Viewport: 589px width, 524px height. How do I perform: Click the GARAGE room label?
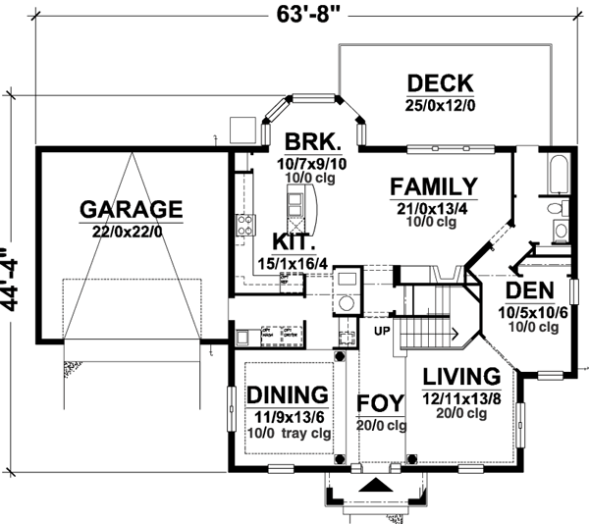[131, 209]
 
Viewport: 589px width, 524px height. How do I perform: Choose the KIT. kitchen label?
[294, 241]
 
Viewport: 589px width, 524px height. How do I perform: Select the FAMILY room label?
[433, 186]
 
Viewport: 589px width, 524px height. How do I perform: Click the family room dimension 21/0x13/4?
[433, 208]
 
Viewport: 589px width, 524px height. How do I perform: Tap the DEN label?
[529, 291]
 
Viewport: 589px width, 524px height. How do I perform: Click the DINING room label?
[287, 394]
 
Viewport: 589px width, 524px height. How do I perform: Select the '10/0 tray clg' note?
[287, 433]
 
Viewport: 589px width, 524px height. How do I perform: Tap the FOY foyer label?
[380, 404]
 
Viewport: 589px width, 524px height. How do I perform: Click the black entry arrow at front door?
[374, 486]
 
